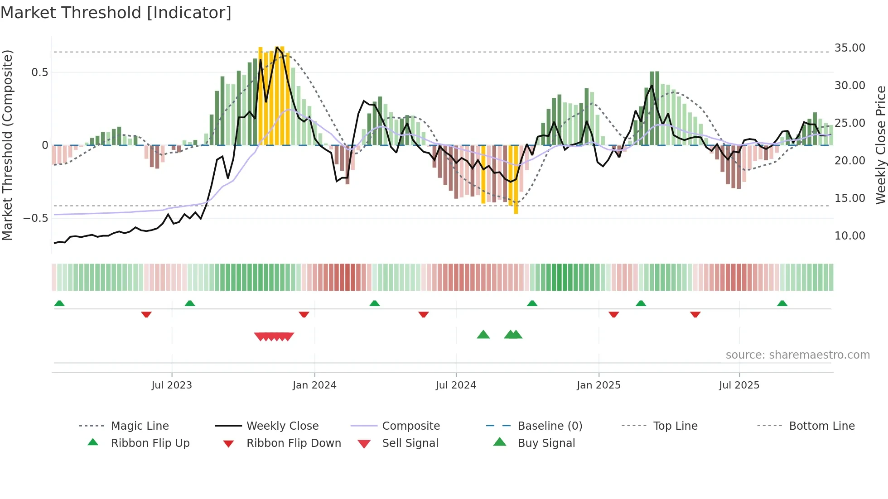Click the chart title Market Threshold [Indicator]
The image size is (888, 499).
pos(116,13)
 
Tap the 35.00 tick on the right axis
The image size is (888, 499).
pos(849,48)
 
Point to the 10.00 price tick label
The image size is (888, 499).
pos(849,236)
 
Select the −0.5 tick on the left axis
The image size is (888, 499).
pos(35,218)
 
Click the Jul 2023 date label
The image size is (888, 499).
pos(172,385)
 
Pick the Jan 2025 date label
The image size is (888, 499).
pos(598,385)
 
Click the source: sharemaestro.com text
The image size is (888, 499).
pos(797,355)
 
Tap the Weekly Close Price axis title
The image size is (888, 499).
pos(880,145)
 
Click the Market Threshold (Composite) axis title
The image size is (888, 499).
pos(7,145)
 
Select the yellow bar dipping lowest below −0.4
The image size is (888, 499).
pos(516,181)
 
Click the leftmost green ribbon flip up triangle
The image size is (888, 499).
pos(59,303)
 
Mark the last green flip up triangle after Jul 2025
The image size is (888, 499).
pos(782,303)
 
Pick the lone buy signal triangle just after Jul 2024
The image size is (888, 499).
pos(483,335)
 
